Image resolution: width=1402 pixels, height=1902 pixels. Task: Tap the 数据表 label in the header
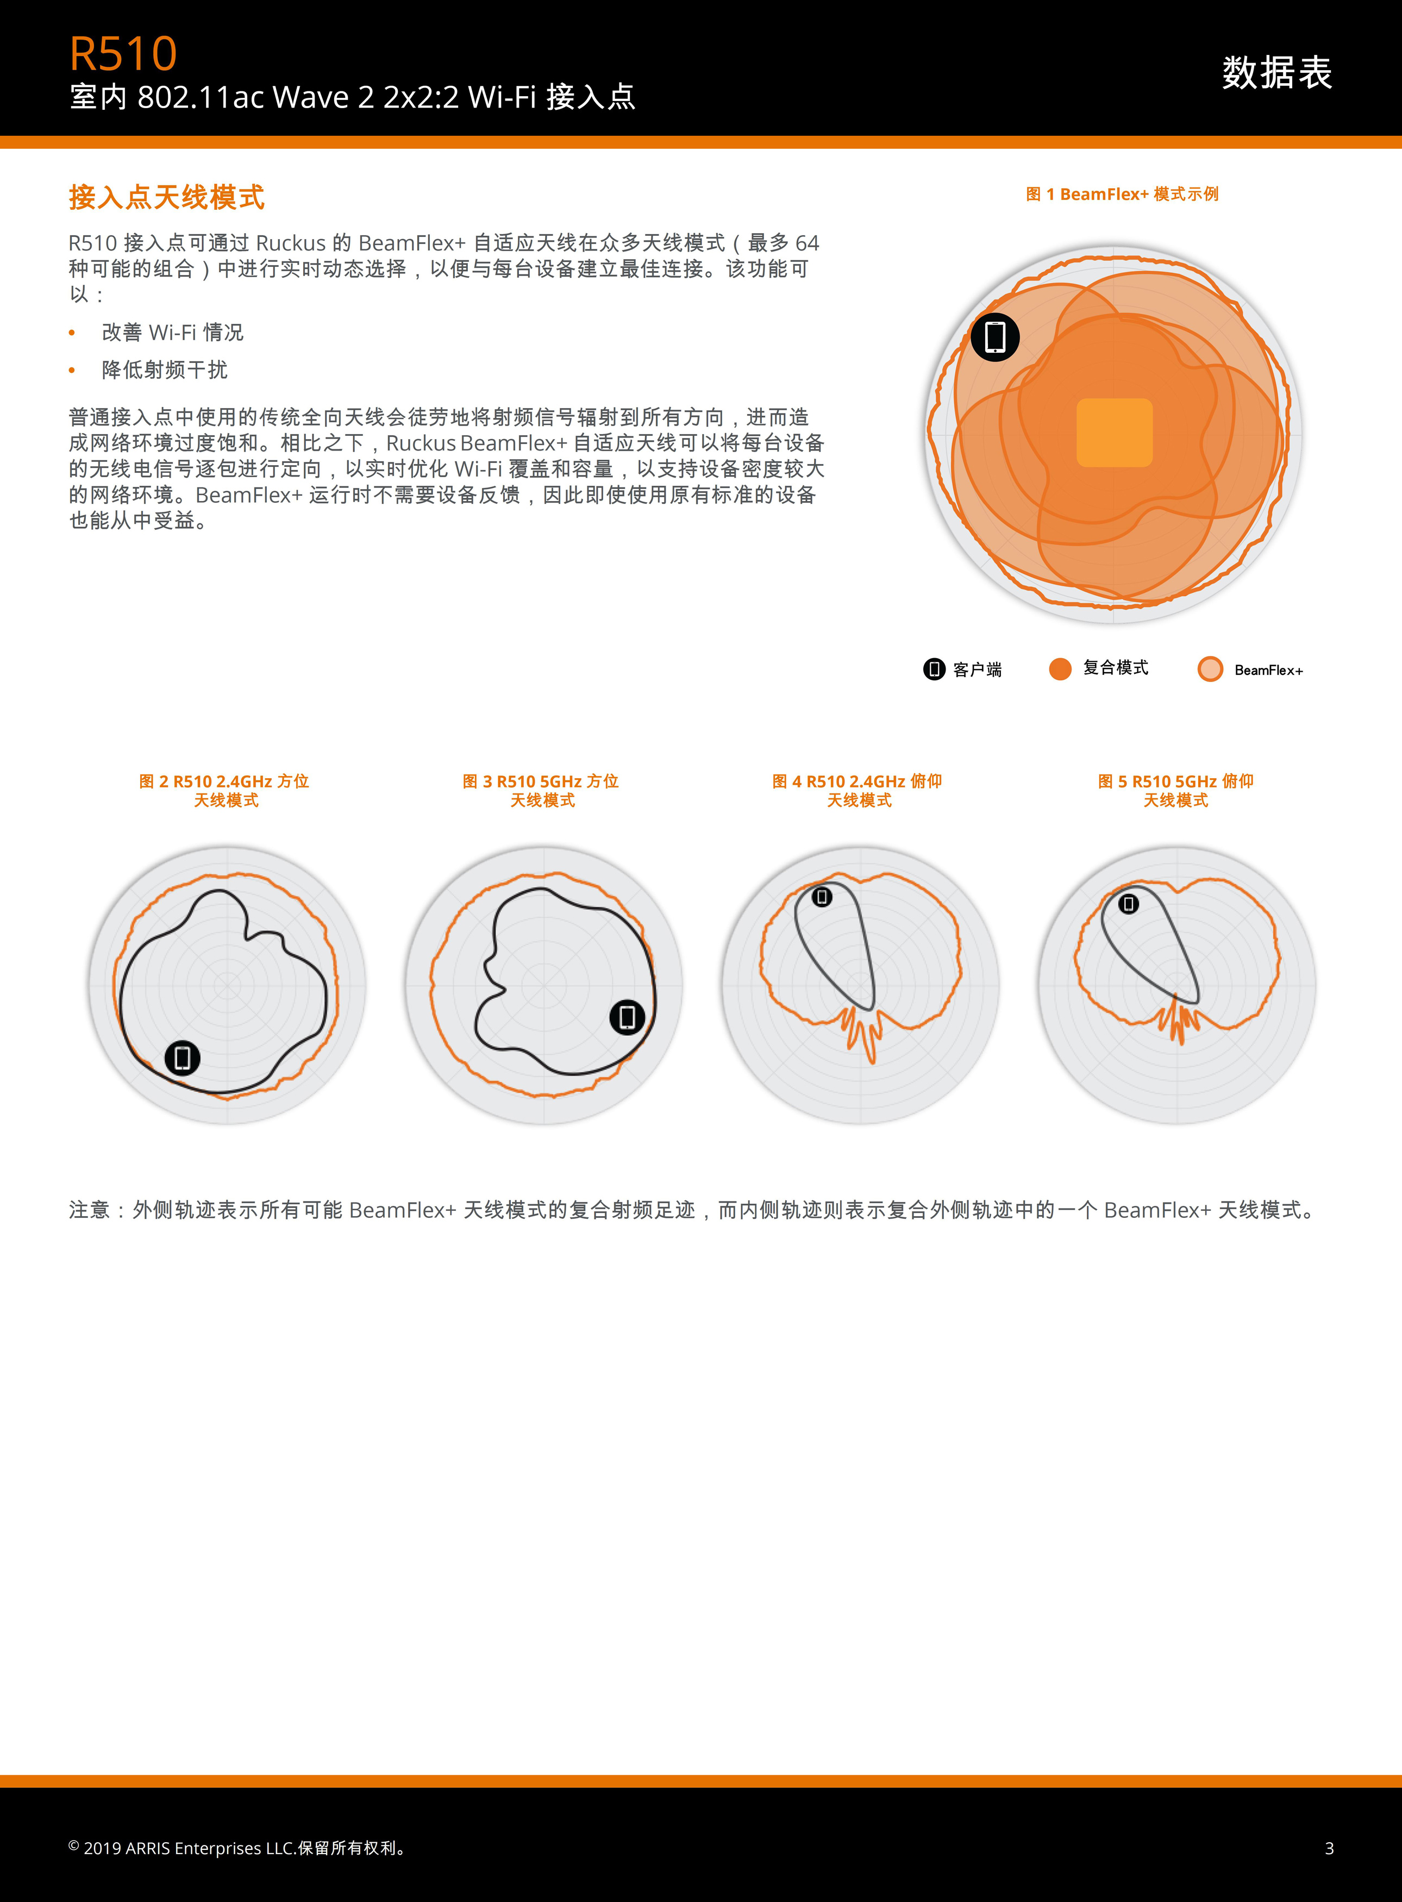point(1276,72)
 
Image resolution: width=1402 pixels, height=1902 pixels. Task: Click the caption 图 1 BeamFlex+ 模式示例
point(1122,195)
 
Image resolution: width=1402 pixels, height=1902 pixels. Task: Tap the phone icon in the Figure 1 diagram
point(994,337)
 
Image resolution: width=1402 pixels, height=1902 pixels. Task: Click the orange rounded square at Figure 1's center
point(1115,433)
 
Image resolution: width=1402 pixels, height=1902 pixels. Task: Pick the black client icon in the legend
point(934,669)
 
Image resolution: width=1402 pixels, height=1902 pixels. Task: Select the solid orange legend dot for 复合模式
point(1060,669)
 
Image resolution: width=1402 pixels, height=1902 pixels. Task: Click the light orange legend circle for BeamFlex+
point(1210,669)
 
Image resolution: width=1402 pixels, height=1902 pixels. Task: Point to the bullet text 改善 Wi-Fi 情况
point(172,332)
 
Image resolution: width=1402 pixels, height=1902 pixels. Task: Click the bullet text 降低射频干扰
point(165,370)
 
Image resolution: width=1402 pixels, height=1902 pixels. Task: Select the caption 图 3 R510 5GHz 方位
point(541,781)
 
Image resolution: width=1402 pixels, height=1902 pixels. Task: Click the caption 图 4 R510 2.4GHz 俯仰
point(857,781)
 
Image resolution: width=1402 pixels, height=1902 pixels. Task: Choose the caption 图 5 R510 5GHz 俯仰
point(1175,781)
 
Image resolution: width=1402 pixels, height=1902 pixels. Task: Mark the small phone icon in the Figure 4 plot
point(822,896)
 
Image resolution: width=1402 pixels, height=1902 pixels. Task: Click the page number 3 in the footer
point(1329,1848)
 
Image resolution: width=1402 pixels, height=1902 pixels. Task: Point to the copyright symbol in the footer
point(74,1845)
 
